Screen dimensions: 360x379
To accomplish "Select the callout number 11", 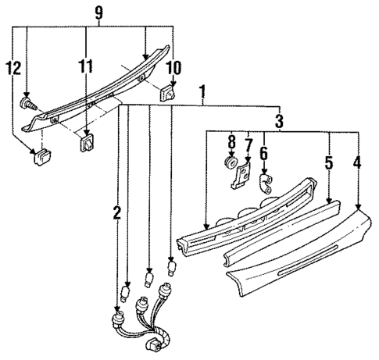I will click(86, 67).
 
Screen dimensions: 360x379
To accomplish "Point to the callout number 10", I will click(173, 67).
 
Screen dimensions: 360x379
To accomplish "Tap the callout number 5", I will click(329, 164).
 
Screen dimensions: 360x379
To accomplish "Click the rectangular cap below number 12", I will click(39, 159).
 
